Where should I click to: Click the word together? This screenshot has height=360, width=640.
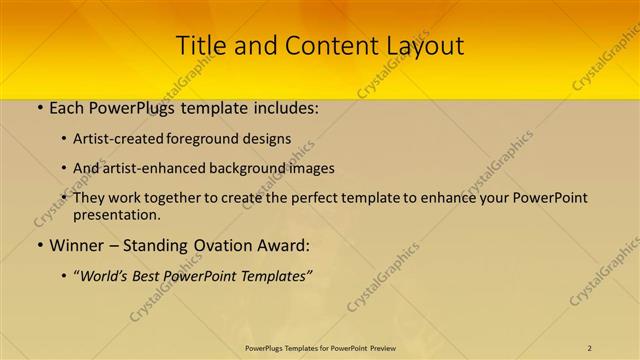[x=174, y=198]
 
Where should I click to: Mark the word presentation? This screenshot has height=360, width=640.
[x=115, y=214]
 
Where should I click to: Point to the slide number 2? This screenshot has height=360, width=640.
[x=590, y=347]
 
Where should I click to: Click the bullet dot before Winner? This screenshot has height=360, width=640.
[x=38, y=245]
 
